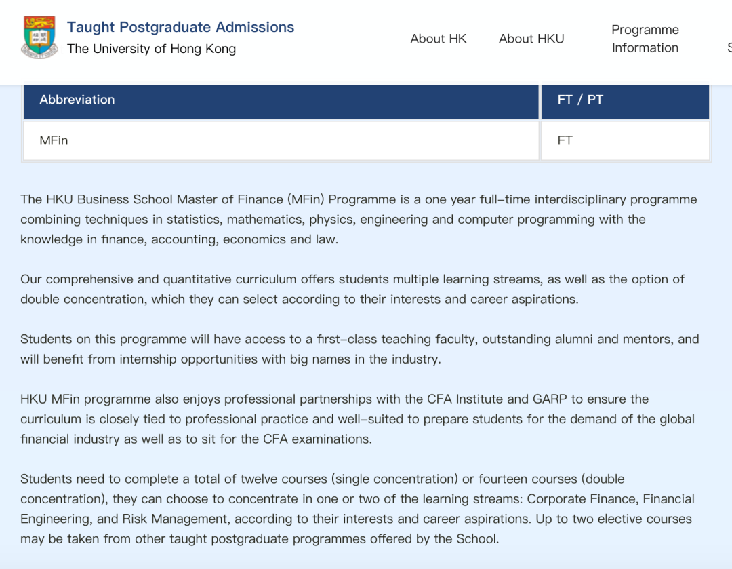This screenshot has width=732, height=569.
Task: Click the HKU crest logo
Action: [39, 37]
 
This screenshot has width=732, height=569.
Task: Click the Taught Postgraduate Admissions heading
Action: [180, 27]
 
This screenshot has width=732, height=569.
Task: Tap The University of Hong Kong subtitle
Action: [151, 49]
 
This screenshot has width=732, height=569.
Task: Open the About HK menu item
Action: [439, 39]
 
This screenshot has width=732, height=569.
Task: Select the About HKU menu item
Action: [531, 39]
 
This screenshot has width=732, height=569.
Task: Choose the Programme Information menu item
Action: [645, 39]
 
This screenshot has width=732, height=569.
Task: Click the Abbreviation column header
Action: [77, 100]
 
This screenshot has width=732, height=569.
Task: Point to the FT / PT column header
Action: [580, 100]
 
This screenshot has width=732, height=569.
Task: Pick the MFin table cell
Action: [54, 140]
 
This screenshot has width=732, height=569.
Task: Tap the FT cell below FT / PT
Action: [565, 140]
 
